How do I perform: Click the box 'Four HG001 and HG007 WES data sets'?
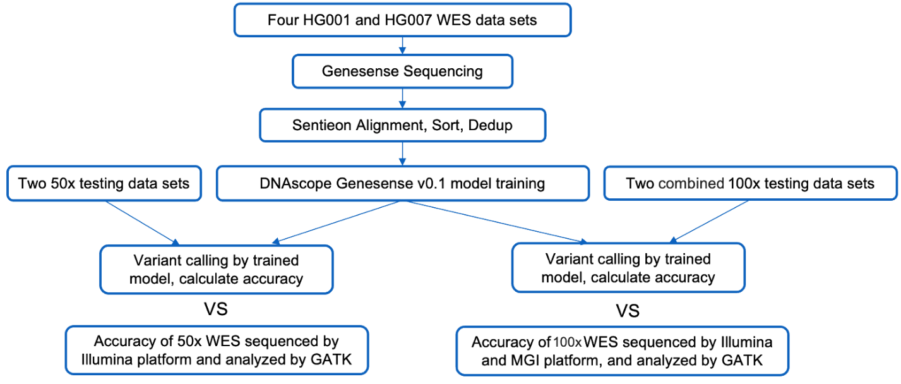coord(403,20)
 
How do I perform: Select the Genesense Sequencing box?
coord(403,72)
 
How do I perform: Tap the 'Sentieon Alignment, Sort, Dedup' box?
coord(403,125)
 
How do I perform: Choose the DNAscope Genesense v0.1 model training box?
coord(403,183)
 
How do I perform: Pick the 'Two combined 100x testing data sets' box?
coord(750,184)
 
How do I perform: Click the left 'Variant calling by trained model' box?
coord(217,270)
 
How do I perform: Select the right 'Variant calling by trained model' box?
coord(628,268)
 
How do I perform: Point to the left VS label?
coord(215,309)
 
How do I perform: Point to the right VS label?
coord(627,311)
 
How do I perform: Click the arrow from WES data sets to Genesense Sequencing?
coord(403,45)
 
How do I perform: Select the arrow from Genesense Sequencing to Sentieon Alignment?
coord(403,99)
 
